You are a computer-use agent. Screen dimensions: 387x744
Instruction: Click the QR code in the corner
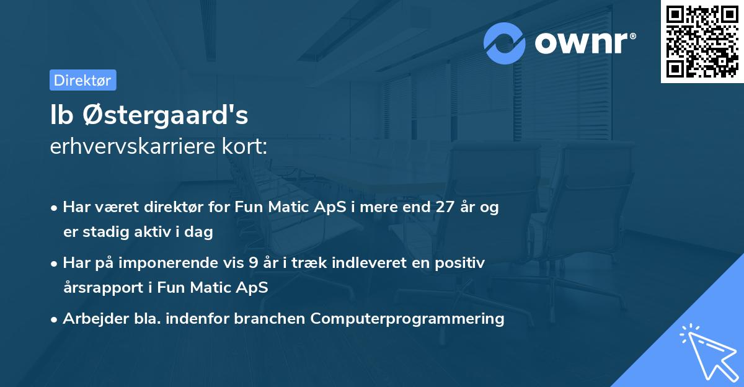pos(702,42)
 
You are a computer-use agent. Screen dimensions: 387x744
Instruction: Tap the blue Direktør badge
pos(82,80)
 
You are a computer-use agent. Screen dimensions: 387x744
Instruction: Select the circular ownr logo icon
pos(505,43)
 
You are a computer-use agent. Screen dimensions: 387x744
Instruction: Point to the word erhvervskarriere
pos(135,146)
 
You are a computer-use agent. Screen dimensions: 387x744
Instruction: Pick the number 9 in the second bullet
pos(253,263)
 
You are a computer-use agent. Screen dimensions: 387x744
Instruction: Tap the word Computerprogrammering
pos(407,319)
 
